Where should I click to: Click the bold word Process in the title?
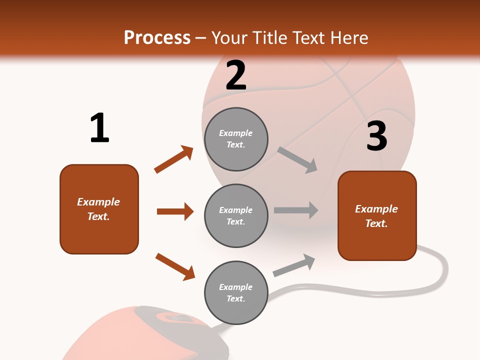pyautogui.click(x=157, y=37)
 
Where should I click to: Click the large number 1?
pyautogui.click(x=99, y=128)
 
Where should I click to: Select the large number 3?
pyautogui.click(x=376, y=136)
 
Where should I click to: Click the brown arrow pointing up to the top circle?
pyautogui.click(x=173, y=159)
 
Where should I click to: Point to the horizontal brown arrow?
pyautogui.click(x=175, y=211)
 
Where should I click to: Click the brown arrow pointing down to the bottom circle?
pyautogui.click(x=175, y=266)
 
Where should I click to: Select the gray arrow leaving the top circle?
pyautogui.click(x=297, y=160)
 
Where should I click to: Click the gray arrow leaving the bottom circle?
pyautogui.click(x=294, y=265)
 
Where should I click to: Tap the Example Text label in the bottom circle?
pyautogui.click(x=236, y=293)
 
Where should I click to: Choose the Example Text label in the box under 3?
pyautogui.click(x=376, y=216)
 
